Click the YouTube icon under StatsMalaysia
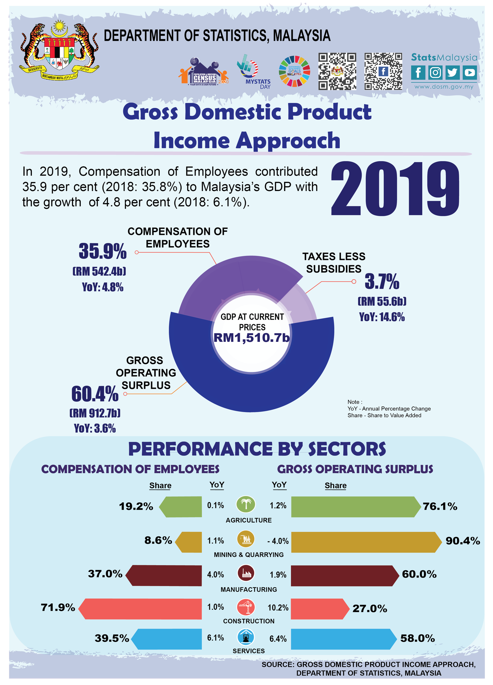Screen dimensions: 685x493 470,72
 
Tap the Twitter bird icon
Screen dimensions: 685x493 452,72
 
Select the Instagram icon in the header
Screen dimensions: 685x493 435,72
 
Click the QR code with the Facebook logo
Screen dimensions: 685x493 383,71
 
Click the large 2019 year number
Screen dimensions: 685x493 395,189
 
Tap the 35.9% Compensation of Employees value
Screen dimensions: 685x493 103,252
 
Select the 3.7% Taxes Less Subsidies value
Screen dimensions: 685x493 382,282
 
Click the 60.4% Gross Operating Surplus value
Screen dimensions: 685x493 95,394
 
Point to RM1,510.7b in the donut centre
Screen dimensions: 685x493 252,338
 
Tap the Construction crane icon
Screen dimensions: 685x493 246,607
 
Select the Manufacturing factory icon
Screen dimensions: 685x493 246,573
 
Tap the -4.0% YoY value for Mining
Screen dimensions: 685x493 278,541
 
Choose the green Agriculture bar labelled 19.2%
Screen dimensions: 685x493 181,507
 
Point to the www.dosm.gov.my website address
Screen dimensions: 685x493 444,87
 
